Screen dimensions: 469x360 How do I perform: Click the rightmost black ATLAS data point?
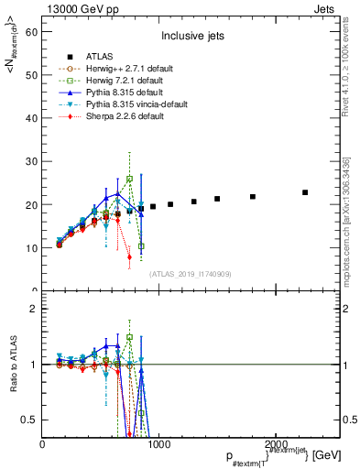click(x=305, y=192)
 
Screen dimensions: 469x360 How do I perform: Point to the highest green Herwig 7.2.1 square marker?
click(x=130, y=179)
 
